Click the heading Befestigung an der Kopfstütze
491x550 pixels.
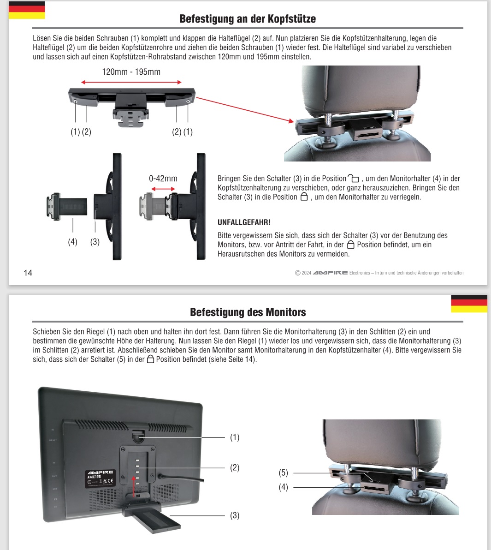pos(248,19)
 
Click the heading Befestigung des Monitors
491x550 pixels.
pos(248,312)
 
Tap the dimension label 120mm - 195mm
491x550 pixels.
pos(131,72)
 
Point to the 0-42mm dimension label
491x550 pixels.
pos(163,179)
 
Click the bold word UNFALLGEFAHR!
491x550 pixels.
pos(244,222)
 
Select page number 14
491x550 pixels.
pos(28,273)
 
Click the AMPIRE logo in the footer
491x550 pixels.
pos(330,273)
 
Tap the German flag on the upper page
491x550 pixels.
pos(27,10)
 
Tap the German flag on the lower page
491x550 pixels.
pos(469,304)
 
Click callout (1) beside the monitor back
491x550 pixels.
pos(235,437)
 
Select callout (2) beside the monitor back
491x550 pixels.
pos(235,468)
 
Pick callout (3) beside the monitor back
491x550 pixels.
pos(235,515)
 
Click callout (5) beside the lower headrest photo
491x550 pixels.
pos(283,473)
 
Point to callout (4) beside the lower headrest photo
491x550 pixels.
pos(283,487)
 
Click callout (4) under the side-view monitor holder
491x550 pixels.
pos(73,242)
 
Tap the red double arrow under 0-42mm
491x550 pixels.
pos(163,189)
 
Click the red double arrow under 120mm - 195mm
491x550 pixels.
pos(131,82)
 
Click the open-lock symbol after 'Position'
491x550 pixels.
pos(353,179)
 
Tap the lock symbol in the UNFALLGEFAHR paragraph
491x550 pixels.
pos(350,245)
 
